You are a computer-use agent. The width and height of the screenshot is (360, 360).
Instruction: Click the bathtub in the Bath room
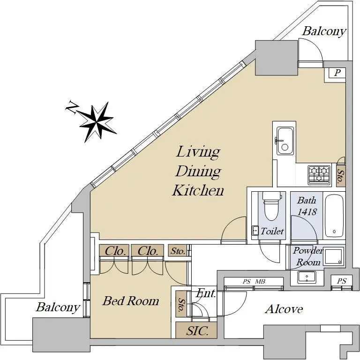[x=334, y=215]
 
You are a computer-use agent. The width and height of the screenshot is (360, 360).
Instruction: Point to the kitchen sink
[x=285, y=141]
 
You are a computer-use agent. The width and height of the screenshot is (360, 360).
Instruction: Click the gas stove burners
[x=319, y=174]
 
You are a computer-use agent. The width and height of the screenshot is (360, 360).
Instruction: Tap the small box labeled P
[x=337, y=73]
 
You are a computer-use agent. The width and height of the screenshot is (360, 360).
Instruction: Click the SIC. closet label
[x=197, y=330]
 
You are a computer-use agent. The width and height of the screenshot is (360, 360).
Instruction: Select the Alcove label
[x=284, y=309]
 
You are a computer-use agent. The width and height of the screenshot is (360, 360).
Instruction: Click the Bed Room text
[x=131, y=301]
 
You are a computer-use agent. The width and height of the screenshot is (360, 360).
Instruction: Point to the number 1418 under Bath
[x=307, y=212]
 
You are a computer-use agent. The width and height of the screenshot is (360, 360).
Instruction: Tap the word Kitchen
[x=198, y=190]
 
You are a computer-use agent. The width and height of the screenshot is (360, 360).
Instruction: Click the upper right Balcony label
[x=324, y=31]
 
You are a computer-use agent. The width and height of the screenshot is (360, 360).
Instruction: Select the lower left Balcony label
[x=58, y=308]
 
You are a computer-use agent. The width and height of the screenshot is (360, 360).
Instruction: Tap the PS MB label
[x=254, y=282]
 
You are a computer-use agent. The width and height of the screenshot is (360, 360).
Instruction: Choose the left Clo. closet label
[x=115, y=251]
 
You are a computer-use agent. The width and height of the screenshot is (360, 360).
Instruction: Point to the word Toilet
[x=272, y=231]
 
